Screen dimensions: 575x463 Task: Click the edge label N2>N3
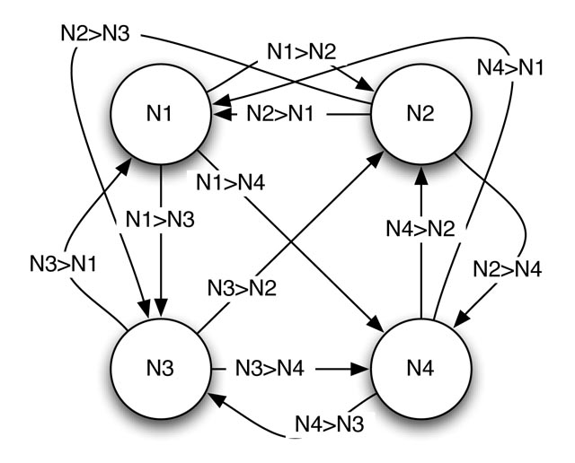coord(95,34)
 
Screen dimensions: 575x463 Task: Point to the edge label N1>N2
coord(302,51)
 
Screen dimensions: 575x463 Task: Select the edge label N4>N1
coord(510,68)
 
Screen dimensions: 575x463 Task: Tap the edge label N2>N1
coord(280,113)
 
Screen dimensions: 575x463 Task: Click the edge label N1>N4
coord(231,182)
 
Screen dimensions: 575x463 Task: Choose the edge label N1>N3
coord(160,220)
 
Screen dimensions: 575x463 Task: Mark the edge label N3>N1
coord(63,264)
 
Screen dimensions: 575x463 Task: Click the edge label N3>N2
coord(242,287)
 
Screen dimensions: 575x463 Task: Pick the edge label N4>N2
coord(420,229)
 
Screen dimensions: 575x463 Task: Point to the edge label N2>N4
coord(508,269)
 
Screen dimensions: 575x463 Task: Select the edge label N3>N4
coord(270,368)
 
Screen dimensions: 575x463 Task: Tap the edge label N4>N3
coord(330,424)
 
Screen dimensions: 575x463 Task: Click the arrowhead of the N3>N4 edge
coord(361,369)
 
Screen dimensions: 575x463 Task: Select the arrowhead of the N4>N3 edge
coord(217,399)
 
